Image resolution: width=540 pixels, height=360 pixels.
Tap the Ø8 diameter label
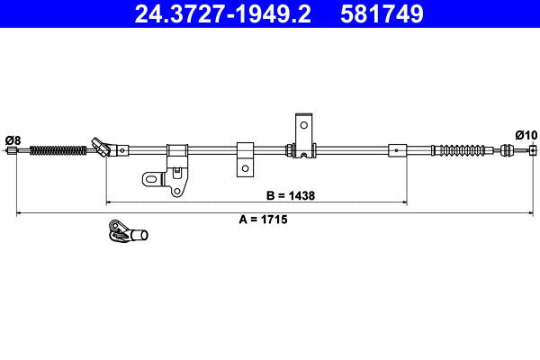click(x=13, y=139)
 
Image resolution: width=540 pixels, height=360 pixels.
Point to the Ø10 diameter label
click(x=526, y=134)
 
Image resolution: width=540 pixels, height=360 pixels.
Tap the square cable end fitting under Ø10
click(x=533, y=149)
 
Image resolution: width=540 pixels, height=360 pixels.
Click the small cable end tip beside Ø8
click(x=13, y=150)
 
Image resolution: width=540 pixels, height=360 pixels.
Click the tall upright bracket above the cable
click(x=304, y=135)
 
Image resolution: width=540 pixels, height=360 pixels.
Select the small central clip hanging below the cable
click(x=244, y=157)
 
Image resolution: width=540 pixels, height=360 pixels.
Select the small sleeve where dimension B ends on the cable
click(x=397, y=149)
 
